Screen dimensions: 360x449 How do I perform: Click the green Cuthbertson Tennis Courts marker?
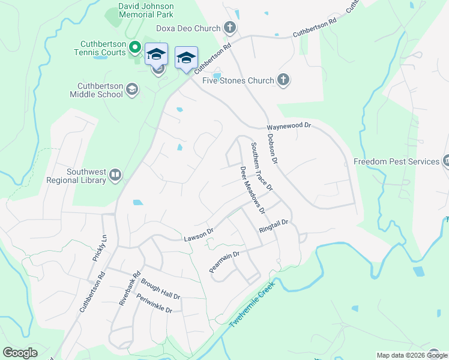pos(136,47)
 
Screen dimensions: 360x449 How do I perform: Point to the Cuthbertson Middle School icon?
pos(131,90)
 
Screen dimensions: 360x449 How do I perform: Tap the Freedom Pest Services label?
pos(396,161)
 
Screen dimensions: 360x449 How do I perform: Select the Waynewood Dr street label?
pos(289,127)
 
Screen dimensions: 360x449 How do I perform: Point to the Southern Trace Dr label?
pos(262,166)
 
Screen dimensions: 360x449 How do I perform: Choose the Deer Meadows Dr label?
pos(252,190)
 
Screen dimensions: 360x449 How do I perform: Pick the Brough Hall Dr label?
pos(160,289)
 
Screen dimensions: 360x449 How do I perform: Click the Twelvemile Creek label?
pos(251,305)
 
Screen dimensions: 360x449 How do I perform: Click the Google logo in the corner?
pos(20,353)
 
